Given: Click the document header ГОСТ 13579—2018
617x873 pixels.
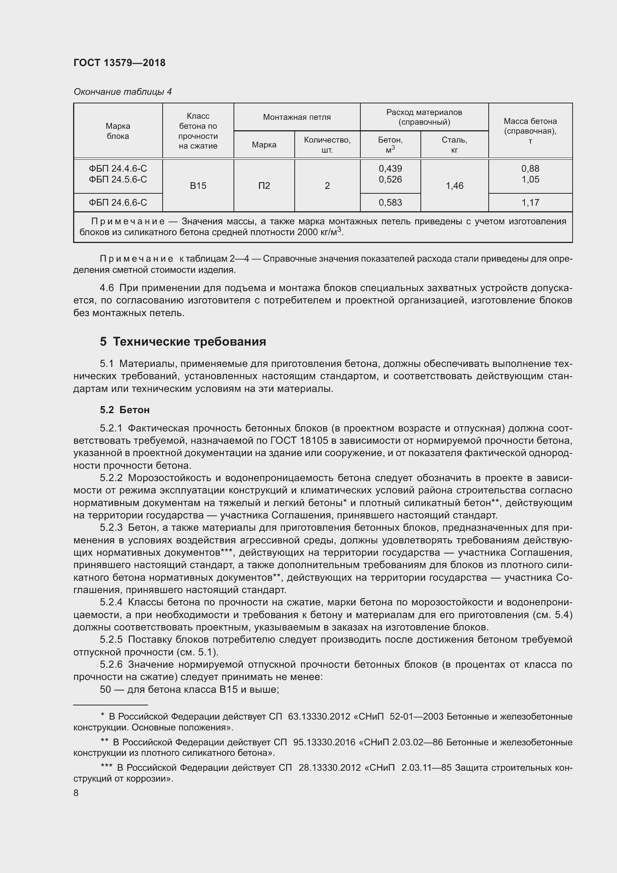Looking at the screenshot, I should coord(119,63).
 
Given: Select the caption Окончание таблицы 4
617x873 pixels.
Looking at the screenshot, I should coord(122,92).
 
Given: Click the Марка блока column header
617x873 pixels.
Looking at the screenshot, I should coord(118,131).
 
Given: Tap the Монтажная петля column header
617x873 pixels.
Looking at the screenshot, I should coord(297,117).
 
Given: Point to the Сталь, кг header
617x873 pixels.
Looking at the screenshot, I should coord(454,144).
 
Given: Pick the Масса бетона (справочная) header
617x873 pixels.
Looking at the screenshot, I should coord(530,131).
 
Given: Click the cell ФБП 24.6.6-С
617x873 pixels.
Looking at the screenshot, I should coord(118,202).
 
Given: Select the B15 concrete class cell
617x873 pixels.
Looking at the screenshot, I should coord(198,185).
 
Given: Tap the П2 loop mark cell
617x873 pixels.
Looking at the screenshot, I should coord(264,185).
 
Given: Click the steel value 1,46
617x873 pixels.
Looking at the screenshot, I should coord(454,185).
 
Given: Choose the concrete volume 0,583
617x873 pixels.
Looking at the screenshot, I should coord(390,202).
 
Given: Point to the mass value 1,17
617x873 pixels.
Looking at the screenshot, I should coord(530,202).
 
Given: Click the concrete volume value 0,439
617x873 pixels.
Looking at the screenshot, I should coord(390,168).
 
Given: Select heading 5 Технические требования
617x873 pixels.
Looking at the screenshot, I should coord(183,342).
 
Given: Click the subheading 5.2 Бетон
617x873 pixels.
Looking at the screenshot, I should coord(125,409).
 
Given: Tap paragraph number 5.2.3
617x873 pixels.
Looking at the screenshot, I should coord(111,527).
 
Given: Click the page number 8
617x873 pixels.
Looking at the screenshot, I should coord(76,793).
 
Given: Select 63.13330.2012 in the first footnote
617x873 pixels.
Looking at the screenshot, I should coord(319,716).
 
